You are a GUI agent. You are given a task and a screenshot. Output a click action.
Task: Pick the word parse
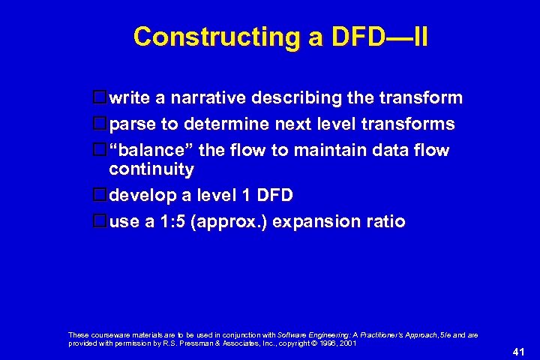point(131,124)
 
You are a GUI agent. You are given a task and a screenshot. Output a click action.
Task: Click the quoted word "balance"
point(148,151)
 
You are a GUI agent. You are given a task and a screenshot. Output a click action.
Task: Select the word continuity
point(151,169)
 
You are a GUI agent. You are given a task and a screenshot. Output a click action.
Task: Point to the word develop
point(143,196)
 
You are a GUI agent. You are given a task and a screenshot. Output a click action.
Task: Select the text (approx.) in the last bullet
point(232,222)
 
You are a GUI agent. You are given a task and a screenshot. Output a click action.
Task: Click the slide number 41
point(517,352)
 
